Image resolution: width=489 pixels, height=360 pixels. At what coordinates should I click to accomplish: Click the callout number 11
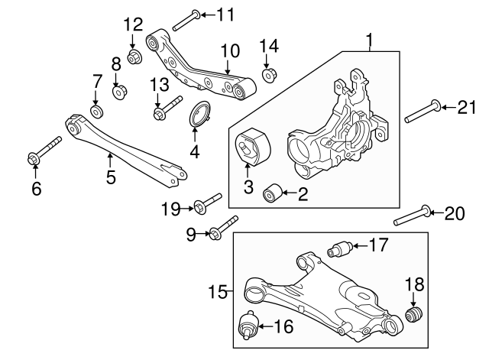[x=226, y=14]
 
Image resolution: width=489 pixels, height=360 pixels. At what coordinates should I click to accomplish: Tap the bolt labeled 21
[x=421, y=112]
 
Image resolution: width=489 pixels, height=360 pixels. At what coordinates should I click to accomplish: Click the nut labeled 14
[x=269, y=75]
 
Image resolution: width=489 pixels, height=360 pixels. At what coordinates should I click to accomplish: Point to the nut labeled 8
[x=119, y=92]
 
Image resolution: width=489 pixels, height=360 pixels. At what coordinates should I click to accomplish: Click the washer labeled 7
[x=97, y=112]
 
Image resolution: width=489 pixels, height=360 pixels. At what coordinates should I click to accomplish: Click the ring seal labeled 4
[x=201, y=118]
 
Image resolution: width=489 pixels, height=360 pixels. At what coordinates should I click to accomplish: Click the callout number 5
[x=111, y=178]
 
